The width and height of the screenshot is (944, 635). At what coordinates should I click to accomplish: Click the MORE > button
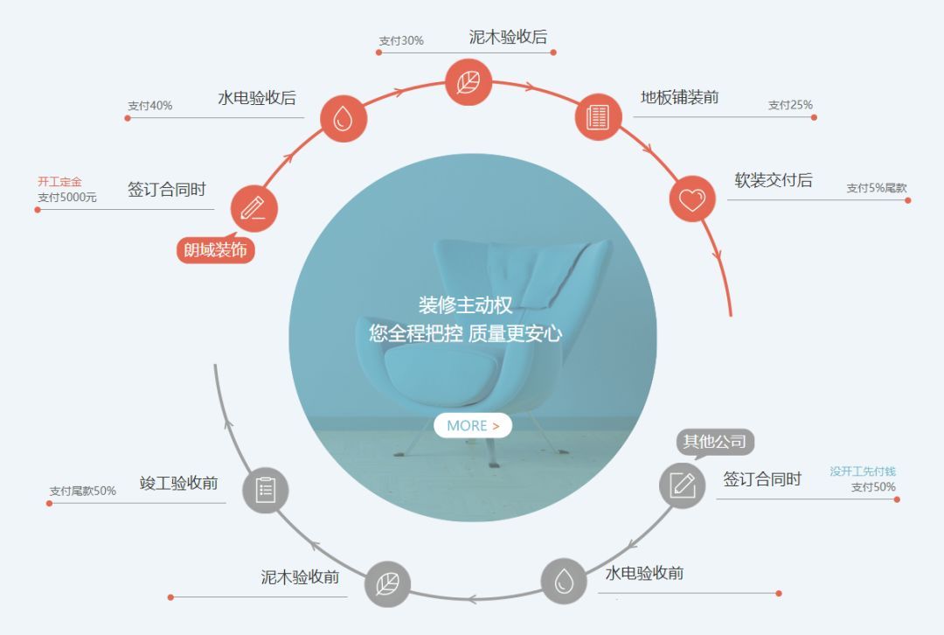473,425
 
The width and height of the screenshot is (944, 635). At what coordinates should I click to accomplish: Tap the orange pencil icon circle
254,208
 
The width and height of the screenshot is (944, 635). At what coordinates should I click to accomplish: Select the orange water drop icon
344,118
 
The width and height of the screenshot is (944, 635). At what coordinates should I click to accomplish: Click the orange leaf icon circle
469,82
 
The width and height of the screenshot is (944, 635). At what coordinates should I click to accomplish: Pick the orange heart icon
692,199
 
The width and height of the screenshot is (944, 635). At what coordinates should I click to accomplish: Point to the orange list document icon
598,117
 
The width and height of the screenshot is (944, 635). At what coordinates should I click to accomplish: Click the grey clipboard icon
266,490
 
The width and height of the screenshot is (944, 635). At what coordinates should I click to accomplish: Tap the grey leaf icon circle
387,583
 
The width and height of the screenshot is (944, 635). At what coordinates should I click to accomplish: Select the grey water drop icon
564,581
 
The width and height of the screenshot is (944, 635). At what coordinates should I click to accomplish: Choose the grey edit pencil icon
682,485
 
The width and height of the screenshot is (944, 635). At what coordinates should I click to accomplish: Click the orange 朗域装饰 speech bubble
216,249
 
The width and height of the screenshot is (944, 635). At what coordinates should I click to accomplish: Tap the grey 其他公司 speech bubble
715,443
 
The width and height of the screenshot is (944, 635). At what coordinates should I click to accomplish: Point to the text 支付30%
401,40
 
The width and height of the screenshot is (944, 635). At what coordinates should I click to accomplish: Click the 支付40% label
150,106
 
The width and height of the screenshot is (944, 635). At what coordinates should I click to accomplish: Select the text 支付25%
790,105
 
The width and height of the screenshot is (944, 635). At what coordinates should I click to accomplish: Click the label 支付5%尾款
877,188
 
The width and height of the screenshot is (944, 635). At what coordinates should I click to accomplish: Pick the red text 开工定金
59,181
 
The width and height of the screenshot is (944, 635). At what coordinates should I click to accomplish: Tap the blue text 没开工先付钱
863,471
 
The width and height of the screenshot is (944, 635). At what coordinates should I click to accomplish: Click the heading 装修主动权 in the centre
465,305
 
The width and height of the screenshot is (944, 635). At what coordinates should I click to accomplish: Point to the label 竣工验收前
179,483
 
